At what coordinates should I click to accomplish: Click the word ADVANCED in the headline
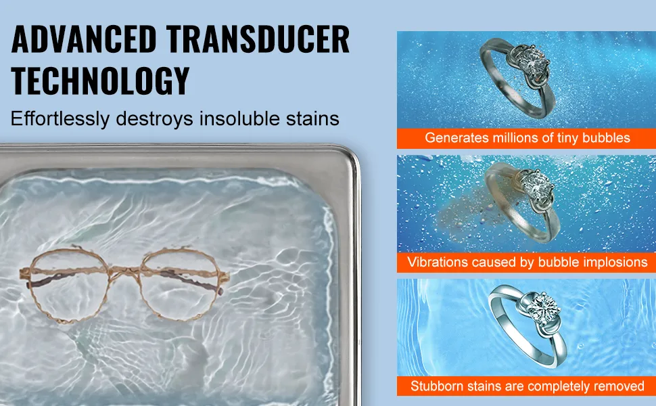point(84,39)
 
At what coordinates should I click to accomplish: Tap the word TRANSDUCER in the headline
point(258,39)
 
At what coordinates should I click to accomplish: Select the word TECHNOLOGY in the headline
point(100,81)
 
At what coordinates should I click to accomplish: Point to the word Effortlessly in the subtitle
point(60,119)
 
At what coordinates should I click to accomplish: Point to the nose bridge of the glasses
point(124,271)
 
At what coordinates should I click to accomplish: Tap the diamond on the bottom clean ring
point(545,306)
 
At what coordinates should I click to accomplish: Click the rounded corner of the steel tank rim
point(350,156)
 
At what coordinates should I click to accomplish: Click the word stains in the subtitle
point(312,119)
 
